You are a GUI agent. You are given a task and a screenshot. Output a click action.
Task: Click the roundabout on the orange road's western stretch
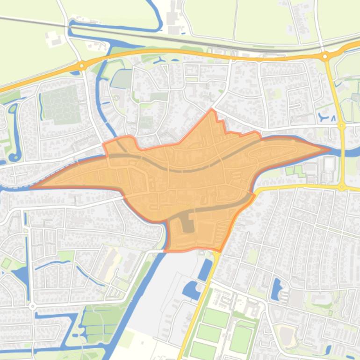[x=81, y=66]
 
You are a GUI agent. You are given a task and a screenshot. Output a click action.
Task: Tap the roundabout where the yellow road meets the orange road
[x=324, y=57]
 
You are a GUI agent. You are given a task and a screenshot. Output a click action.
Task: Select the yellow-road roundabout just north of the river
[x=342, y=126]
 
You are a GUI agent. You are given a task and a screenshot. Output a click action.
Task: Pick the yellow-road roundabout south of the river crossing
[x=342, y=187]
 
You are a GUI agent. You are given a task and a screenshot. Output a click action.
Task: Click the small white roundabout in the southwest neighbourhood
[x=32, y=307]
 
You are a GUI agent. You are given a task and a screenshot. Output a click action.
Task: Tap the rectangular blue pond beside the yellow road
[x=205, y=270]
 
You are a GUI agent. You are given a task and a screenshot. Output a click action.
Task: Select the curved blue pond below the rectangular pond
[x=192, y=291]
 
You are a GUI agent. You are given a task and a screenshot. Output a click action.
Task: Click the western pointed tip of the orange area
[x=31, y=187]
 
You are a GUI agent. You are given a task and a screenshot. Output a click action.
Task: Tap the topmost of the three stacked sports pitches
[x=216, y=318]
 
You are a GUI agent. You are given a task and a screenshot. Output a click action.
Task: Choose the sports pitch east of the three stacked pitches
[x=242, y=339]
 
